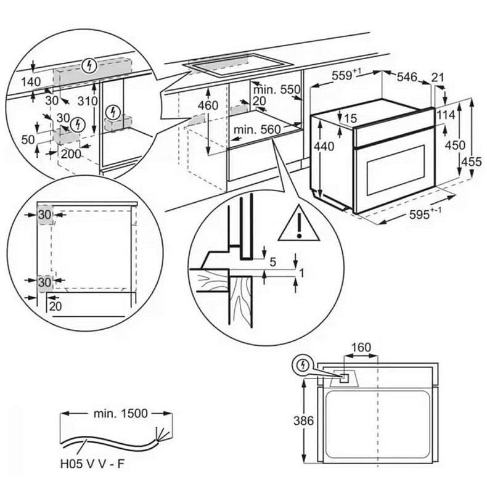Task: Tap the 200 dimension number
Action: pos(71,154)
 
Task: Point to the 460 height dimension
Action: pos(208,106)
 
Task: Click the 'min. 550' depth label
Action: pos(276,89)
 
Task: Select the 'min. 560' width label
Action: pos(257,129)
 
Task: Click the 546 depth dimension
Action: pos(406,77)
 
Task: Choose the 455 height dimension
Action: pos(473,162)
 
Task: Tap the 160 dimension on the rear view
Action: pos(361,347)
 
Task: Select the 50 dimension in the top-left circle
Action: pos(28,140)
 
